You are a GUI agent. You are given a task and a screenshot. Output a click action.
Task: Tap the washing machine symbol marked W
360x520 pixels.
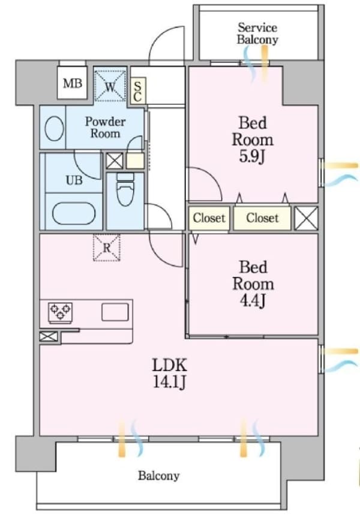110,85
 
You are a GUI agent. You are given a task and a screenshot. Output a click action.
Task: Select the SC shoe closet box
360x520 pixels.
137,91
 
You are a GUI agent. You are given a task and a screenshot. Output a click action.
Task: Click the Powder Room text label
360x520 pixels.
104,127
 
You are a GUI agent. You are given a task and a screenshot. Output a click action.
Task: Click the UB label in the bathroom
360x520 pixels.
74,180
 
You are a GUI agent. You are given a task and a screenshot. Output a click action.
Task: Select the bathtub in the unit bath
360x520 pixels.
73,213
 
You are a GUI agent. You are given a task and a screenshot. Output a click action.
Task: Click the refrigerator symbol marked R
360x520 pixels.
106,247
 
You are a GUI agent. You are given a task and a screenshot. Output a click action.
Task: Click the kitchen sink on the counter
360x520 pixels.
115,312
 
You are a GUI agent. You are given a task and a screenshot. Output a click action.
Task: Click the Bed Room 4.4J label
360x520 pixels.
253,283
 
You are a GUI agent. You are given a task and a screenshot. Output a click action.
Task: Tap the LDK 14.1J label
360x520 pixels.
170,372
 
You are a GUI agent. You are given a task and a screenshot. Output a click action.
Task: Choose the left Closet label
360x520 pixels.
209,218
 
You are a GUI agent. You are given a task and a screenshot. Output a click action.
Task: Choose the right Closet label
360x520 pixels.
262,218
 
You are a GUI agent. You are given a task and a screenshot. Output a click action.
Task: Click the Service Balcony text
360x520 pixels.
257,34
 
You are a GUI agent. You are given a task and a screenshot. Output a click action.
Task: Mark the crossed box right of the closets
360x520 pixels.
307,218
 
